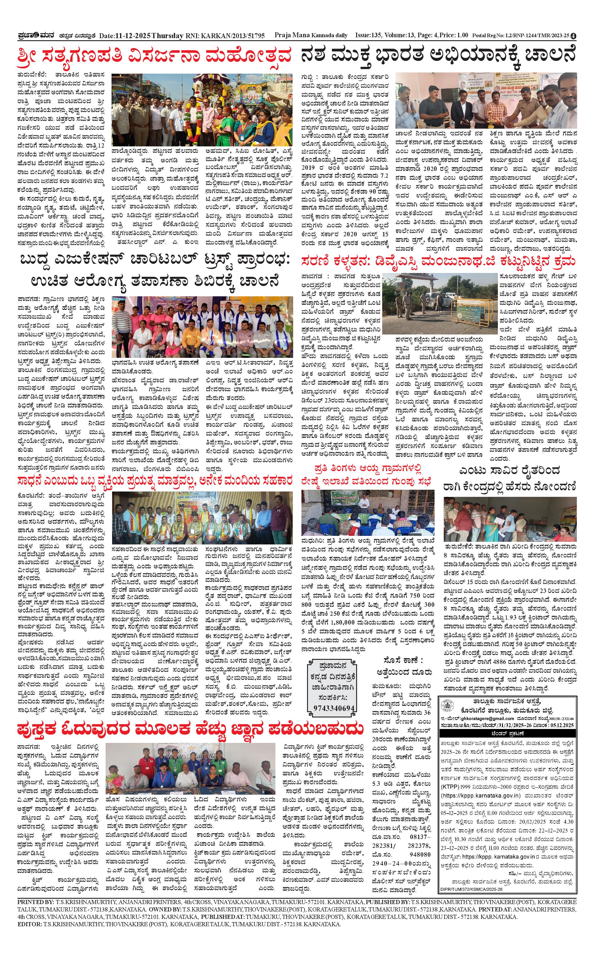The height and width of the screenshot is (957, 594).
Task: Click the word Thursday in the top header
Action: tap(167, 36)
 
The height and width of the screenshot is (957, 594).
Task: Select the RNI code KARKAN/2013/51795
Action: tap(232, 36)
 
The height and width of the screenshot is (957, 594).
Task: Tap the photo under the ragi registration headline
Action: tap(510, 519)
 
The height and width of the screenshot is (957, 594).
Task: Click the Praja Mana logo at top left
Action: tap(37, 35)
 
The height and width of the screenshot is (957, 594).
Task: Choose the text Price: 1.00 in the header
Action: tap(454, 35)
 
